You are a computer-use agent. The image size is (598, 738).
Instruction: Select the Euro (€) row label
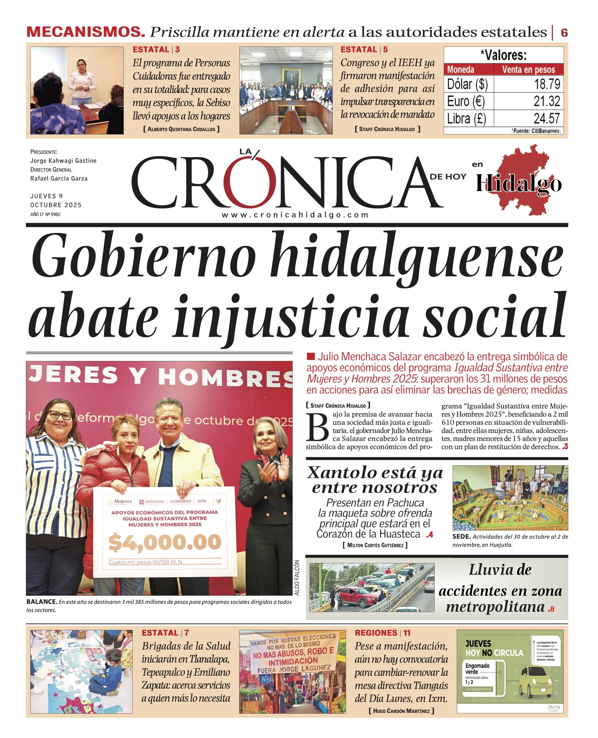click(466, 101)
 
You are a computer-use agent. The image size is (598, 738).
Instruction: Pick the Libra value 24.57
click(547, 118)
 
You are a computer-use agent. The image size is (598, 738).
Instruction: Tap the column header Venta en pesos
click(528, 69)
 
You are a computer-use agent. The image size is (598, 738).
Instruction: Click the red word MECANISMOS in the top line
click(85, 32)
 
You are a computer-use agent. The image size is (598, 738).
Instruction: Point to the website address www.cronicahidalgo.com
click(295, 215)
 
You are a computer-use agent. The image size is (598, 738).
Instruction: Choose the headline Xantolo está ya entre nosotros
click(375, 480)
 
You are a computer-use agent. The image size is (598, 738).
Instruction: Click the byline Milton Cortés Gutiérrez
click(375, 545)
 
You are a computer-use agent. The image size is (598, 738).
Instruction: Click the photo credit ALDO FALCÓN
click(297, 578)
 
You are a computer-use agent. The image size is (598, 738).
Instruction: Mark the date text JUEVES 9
click(46, 196)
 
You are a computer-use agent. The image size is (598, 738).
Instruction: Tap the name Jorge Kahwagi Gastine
click(63, 161)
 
